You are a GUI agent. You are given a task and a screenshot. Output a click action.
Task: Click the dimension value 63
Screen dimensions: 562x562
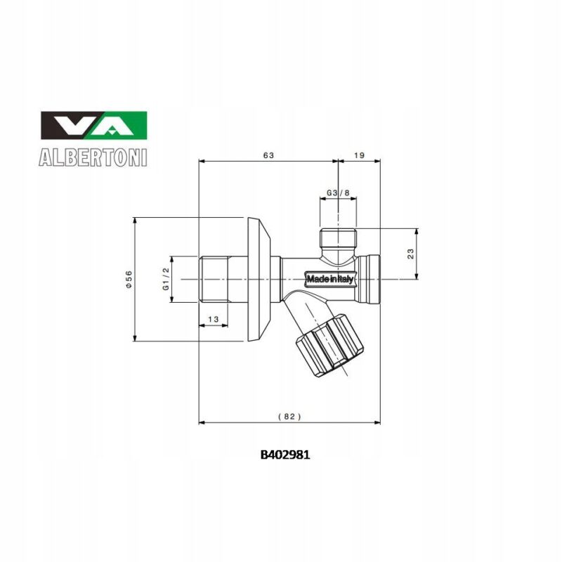268,154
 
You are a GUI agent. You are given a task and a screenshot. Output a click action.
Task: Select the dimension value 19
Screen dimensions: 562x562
360,154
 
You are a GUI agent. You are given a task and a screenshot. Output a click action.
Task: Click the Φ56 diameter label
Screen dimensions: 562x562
128,280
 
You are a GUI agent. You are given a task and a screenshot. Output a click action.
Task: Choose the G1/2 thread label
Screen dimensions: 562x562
166,280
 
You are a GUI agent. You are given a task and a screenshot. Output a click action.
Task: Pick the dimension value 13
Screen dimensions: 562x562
214,320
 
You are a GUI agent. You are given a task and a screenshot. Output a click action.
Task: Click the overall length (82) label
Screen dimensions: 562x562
289,416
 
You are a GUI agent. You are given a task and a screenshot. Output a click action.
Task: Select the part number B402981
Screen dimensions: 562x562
285,455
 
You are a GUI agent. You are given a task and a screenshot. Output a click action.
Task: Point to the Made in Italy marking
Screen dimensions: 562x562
330,279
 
